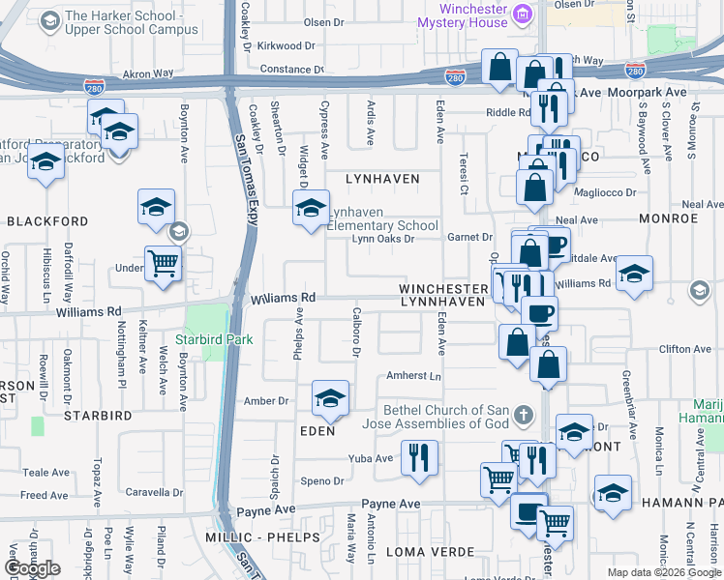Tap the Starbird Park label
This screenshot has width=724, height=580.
(x=213, y=339)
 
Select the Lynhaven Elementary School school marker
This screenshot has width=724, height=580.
(x=311, y=207)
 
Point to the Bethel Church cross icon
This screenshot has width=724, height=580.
(x=523, y=417)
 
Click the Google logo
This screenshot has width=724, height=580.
(x=32, y=568)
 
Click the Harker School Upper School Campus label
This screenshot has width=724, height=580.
(x=132, y=22)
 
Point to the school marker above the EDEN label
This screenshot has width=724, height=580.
(x=330, y=398)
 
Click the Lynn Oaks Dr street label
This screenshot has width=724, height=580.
(x=382, y=239)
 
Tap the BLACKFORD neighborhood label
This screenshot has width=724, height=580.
(x=47, y=221)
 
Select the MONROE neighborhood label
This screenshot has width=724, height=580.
(x=668, y=218)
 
